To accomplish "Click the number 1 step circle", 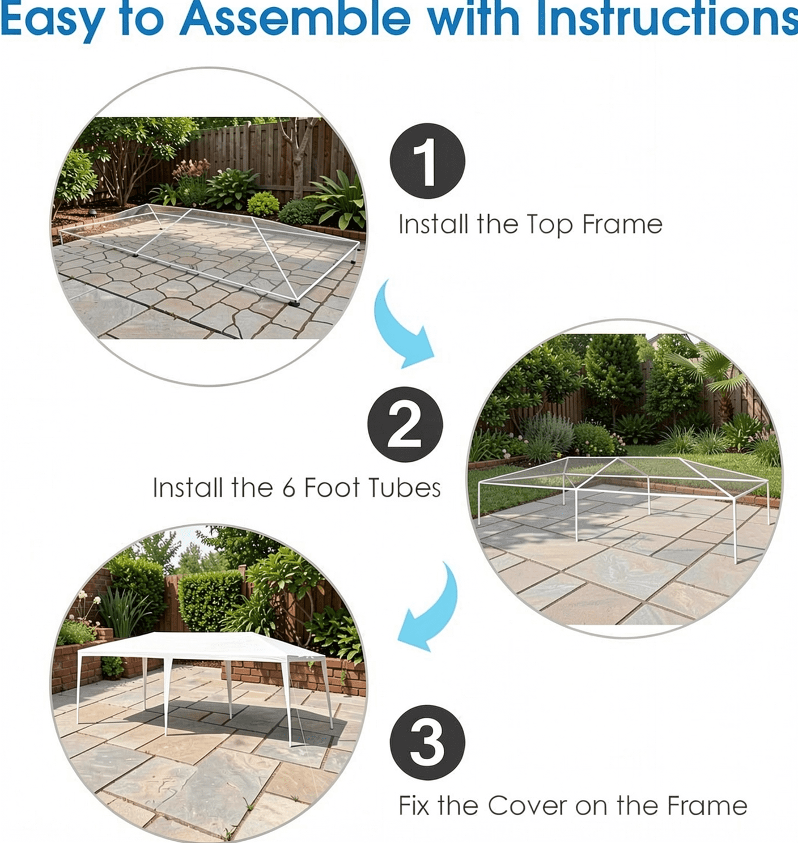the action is point(427,161).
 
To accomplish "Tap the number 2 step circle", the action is point(405,424).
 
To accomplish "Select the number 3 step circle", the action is point(427,743).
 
